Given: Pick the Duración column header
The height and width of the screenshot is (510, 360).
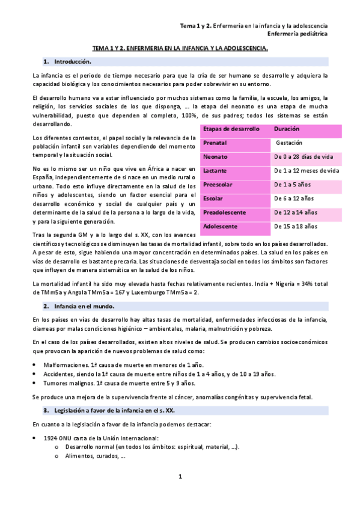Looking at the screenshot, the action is (286, 129).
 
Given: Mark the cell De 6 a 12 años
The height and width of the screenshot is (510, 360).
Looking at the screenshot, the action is (293, 198).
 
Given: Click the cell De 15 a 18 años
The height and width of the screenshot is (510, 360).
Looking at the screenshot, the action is (295, 226).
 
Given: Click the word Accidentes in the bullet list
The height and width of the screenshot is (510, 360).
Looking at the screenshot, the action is (58, 373).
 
